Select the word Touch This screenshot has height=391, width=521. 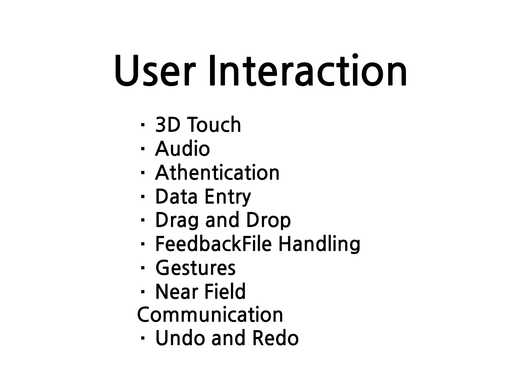pyautogui.click(x=214, y=125)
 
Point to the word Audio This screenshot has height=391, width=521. pyautogui.click(x=182, y=149)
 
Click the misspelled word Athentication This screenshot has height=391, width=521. pyautogui.click(x=217, y=173)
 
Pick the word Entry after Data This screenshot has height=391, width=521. pyautogui.click(x=227, y=197)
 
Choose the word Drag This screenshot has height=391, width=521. pyautogui.click(x=177, y=220)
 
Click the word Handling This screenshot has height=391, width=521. pyautogui.click(x=319, y=244)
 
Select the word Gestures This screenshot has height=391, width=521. pyautogui.click(x=195, y=268)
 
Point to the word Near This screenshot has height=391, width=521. pyautogui.click(x=177, y=292)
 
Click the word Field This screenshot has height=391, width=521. pyautogui.click(x=225, y=292)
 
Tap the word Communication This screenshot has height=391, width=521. pyautogui.click(x=210, y=315)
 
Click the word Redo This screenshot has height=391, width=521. pyautogui.click(x=275, y=338)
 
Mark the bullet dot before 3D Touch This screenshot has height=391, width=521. pyautogui.click(x=142, y=125)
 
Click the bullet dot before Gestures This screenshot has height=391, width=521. pyautogui.click(x=142, y=268)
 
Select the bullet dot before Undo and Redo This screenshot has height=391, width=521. pyautogui.click(x=142, y=338)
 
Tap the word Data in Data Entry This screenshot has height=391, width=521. pyautogui.click(x=176, y=197)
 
